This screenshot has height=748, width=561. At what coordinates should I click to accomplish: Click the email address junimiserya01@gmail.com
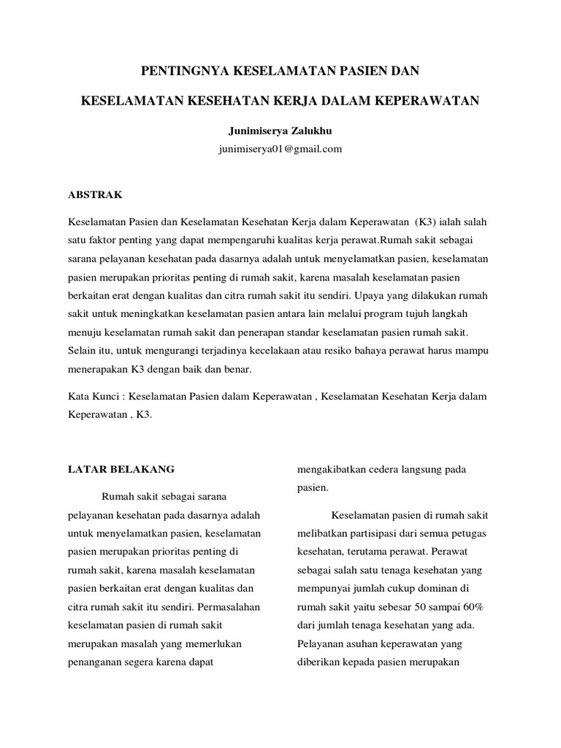[x=280, y=148]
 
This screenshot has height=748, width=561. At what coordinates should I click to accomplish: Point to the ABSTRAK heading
[x=95, y=195]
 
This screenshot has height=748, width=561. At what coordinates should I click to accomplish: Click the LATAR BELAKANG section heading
[x=121, y=468]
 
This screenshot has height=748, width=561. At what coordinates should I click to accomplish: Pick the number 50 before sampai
[x=416, y=607]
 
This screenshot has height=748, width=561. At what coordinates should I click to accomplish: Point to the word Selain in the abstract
[x=83, y=351]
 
